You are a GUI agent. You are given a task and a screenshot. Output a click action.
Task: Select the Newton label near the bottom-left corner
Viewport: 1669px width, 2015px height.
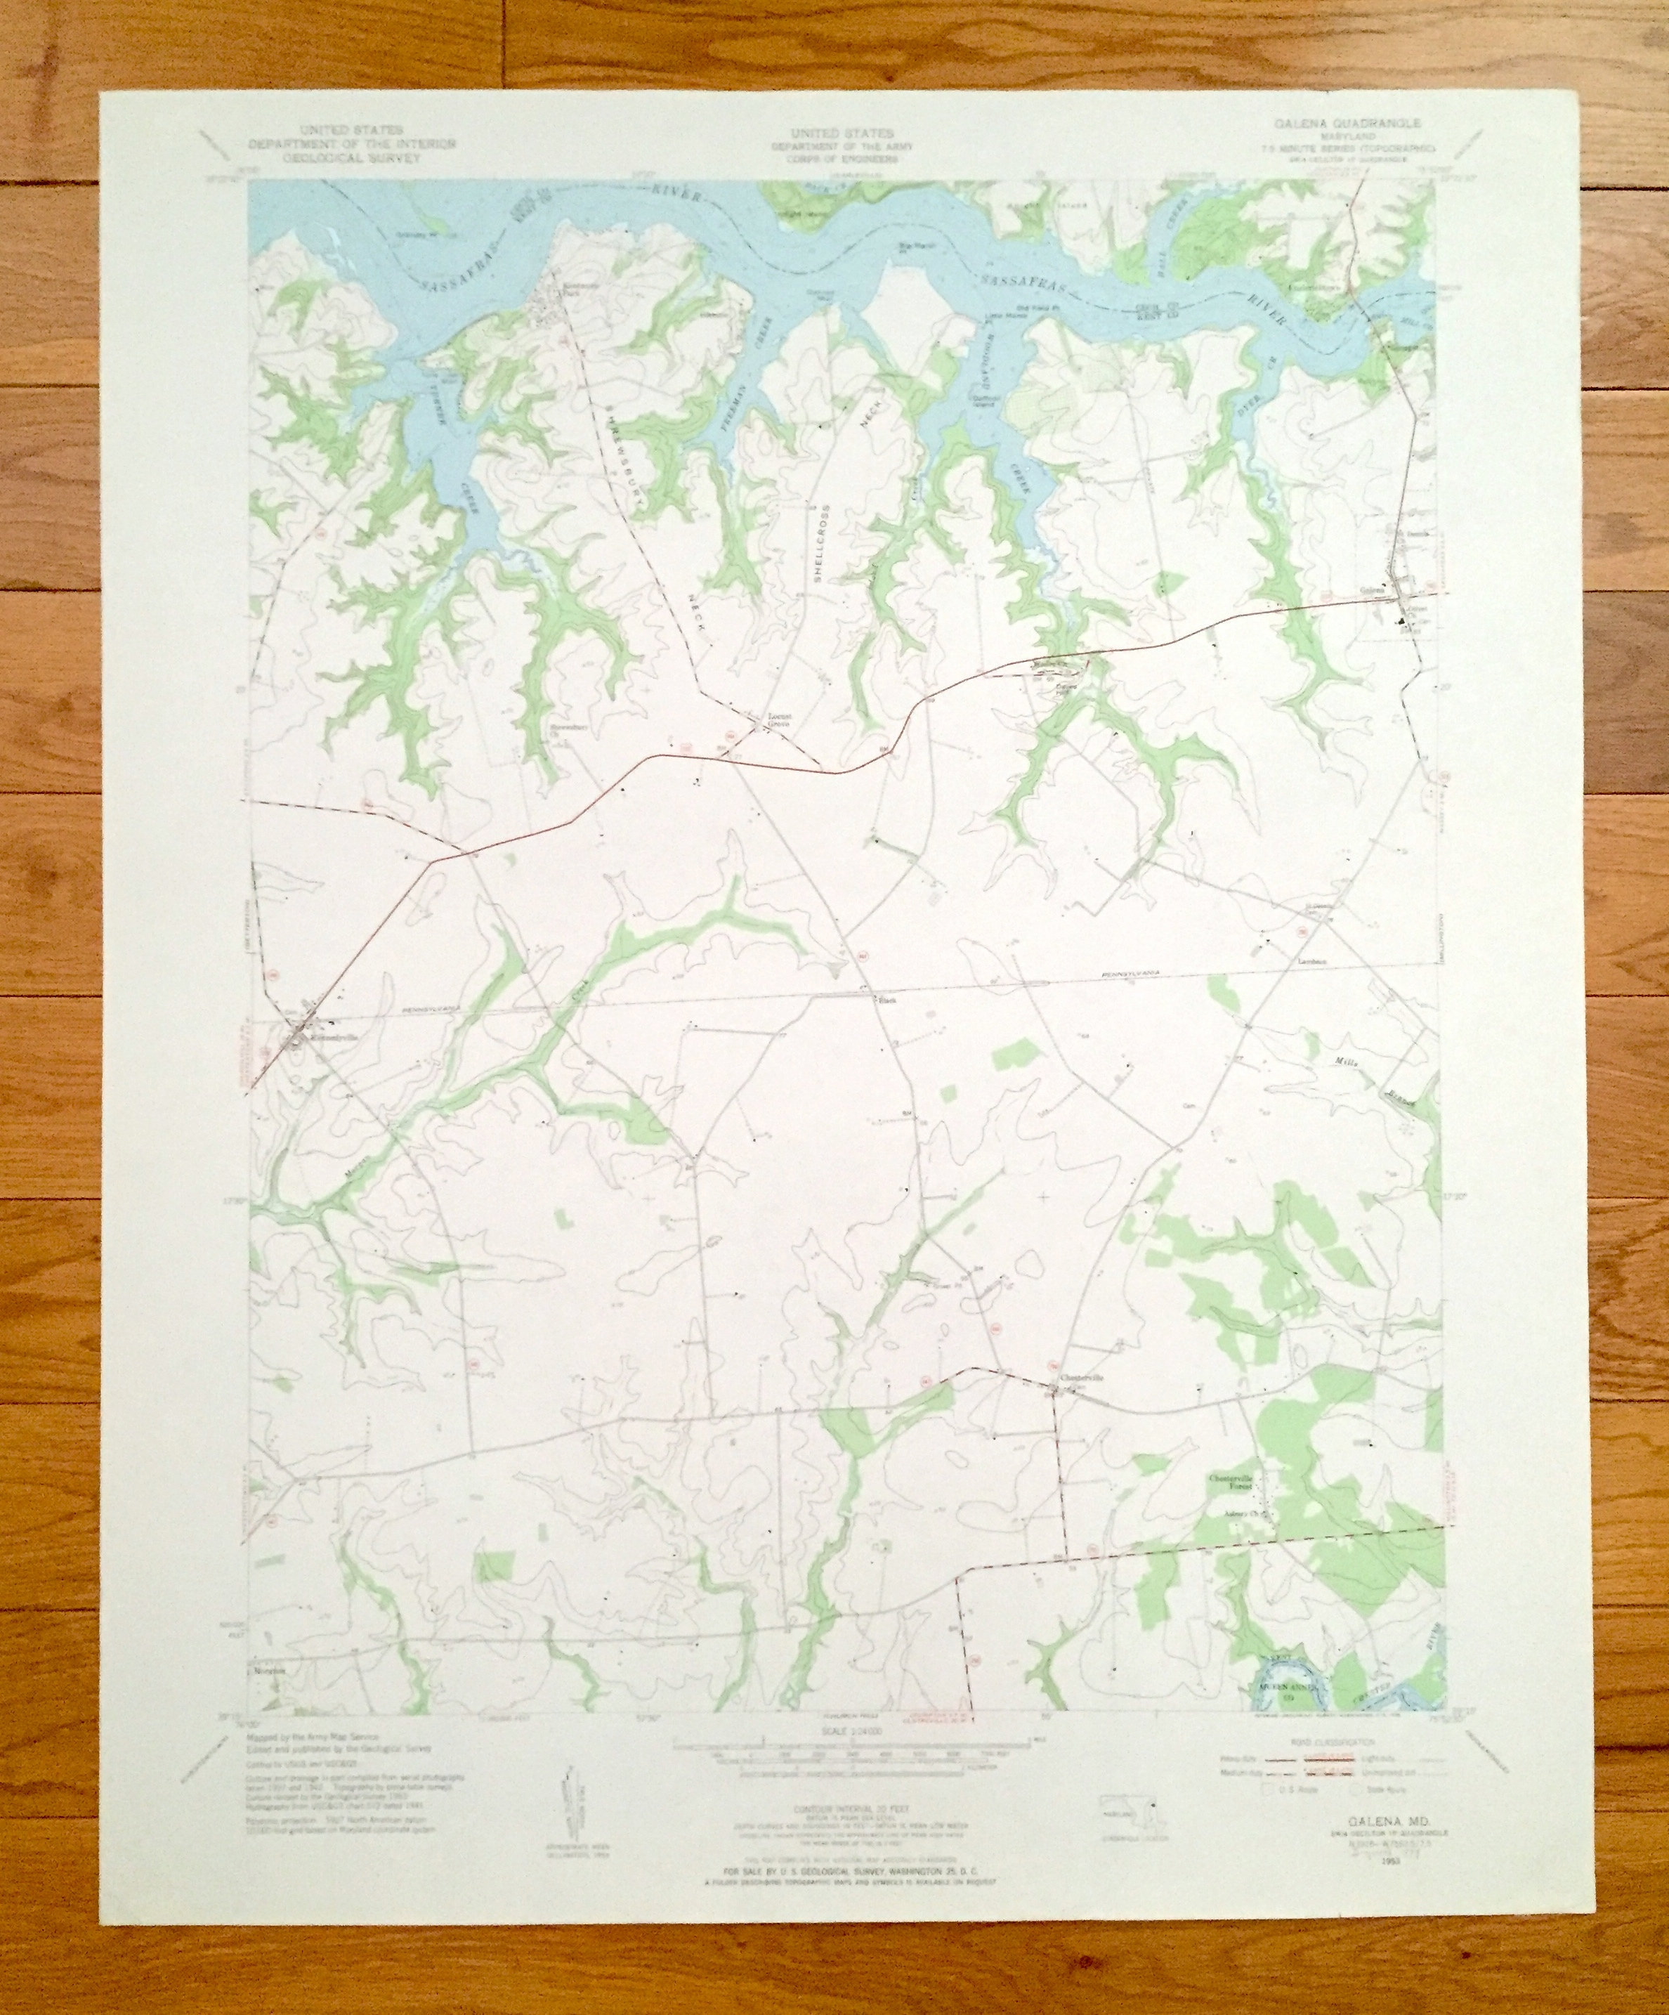click(x=271, y=1697)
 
